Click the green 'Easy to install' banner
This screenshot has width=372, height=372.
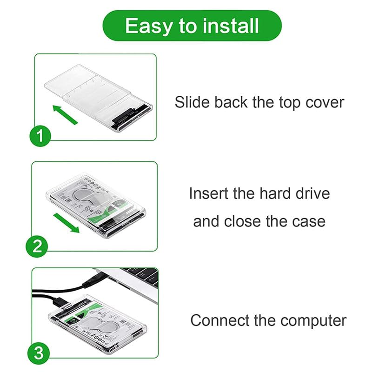coord(192,26)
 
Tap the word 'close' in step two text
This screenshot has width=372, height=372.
coord(243,221)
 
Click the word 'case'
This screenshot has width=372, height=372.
coord(308,221)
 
